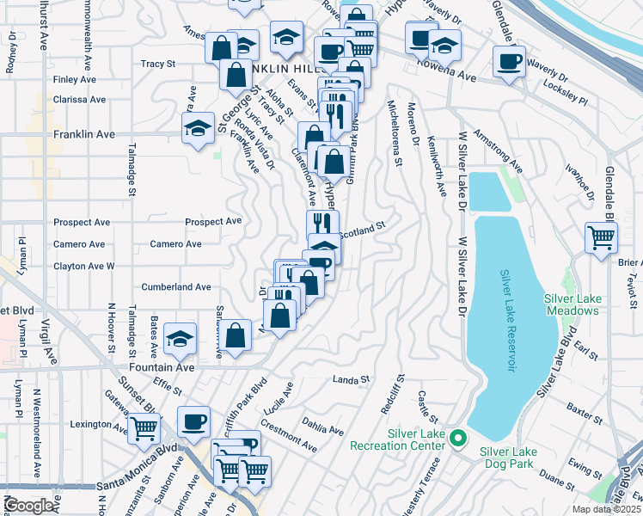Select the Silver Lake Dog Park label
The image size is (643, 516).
(516, 451)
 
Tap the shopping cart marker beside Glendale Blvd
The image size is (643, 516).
(601, 236)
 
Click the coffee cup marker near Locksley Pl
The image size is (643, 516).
(509, 61)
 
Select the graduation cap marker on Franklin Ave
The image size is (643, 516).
(199, 128)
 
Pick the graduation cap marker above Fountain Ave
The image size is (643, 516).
(180, 338)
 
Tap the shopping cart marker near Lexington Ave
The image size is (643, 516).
(144, 426)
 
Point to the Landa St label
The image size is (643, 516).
(351, 378)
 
